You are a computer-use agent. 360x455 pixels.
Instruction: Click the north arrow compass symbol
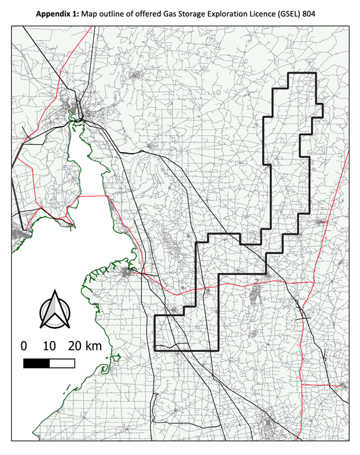coord(54,310)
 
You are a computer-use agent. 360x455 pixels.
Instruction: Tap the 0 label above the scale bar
coord(24,346)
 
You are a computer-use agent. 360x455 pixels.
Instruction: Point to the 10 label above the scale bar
coord(49,346)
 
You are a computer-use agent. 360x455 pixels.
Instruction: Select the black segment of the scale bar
coord(37,363)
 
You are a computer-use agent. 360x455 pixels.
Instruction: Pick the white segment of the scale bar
coord(62,363)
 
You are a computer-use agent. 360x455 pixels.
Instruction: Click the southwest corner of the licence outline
coord(154,351)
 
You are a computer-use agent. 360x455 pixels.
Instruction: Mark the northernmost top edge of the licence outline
coord(302,73)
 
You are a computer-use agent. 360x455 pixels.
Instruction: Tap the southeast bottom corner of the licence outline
coord(218,351)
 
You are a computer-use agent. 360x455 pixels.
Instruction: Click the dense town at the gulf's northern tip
coord(73,109)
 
